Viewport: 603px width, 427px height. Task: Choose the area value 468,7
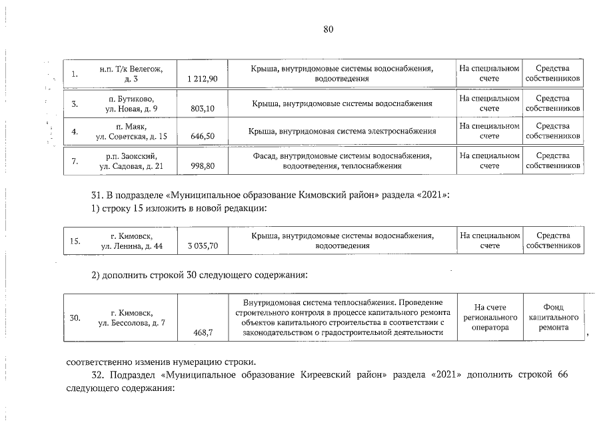(203, 332)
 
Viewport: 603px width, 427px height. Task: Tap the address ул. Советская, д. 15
(131, 137)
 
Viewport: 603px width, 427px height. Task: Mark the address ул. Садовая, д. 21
(131, 165)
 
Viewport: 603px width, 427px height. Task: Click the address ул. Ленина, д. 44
(131, 246)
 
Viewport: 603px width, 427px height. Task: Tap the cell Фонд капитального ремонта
(553, 318)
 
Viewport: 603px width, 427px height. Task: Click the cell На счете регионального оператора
(490, 318)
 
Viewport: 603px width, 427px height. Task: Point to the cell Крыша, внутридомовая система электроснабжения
(342, 131)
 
